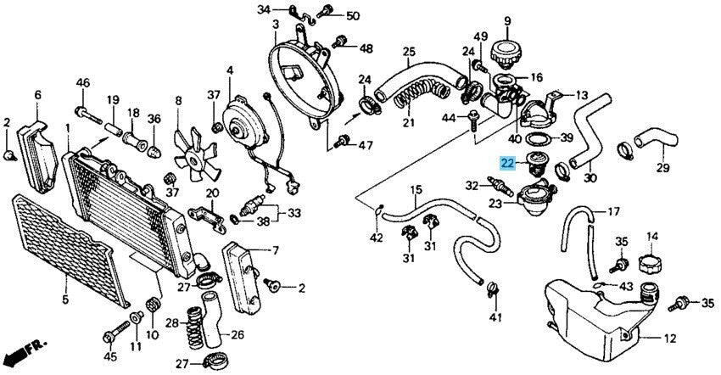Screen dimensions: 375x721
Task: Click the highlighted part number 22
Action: tap(507, 164)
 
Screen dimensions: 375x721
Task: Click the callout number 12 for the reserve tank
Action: tap(669, 338)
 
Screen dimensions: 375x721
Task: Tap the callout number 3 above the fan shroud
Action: tap(276, 25)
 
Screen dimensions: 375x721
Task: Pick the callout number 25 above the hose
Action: tap(410, 52)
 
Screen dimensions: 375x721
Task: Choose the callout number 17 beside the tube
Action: tap(612, 210)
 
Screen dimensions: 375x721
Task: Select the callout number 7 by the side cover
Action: tap(275, 250)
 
